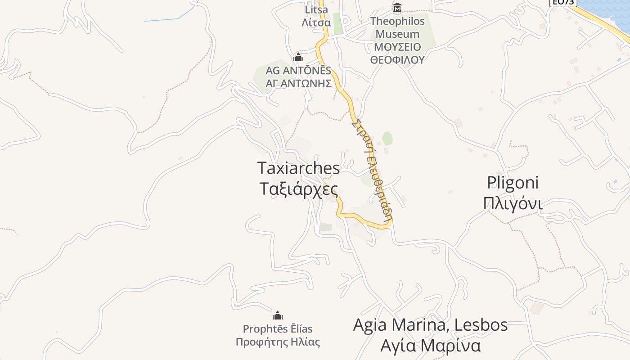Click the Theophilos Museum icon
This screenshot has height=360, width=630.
[x=397, y=8]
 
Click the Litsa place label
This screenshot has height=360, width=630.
[x=317, y=10]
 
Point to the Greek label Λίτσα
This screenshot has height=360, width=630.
[x=317, y=22]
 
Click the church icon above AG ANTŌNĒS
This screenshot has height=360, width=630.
[x=298, y=58]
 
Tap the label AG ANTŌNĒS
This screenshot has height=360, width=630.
[x=298, y=71]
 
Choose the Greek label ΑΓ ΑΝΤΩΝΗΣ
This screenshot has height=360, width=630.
[x=298, y=83]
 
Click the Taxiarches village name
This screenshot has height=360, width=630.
[x=299, y=168]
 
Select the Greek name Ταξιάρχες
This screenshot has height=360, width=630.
[x=299, y=189]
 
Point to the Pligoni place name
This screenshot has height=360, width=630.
[x=513, y=183]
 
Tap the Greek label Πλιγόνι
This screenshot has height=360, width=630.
[x=513, y=203]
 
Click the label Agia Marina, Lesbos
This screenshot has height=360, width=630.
[x=431, y=325]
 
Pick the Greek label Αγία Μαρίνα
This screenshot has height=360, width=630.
[x=431, y=346]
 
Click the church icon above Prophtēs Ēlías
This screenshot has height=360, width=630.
[x=278, y=315]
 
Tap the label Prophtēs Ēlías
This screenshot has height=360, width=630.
[x=278, y=329]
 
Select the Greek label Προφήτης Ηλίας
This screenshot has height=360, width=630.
[x=278, y=342]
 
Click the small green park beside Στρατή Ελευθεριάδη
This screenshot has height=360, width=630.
[x=387, y=138]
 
